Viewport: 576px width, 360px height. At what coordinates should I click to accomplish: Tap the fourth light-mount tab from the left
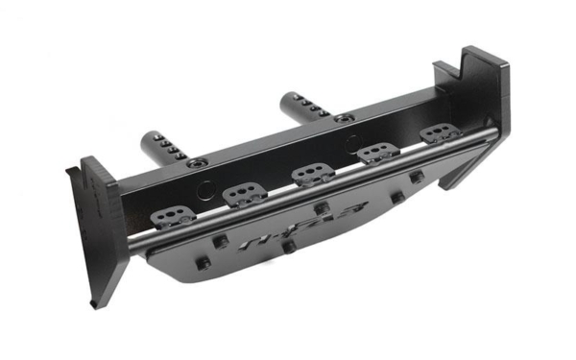(377, 153)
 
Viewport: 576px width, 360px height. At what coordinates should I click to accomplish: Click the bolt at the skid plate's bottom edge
(288, 248)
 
